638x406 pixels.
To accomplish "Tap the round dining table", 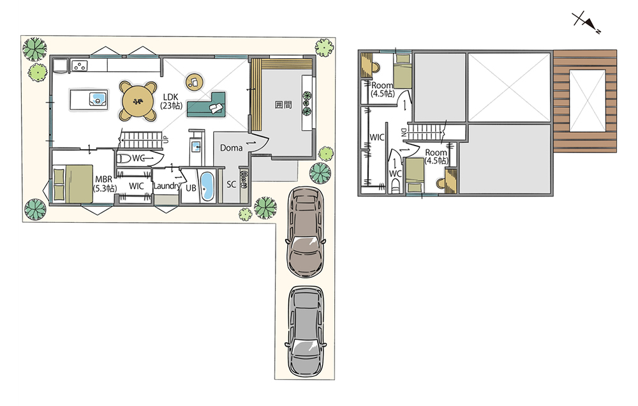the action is pyautogui.click(x=138, y=101).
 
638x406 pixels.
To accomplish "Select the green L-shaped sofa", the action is pyautogui.click(x=206, y=105).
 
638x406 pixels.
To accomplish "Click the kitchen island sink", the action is pyautogui.click(x=98, y=99).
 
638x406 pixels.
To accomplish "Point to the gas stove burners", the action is pyautogui.click(x=79, y=65).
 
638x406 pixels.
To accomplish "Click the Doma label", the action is pyautogui.click(x=231, y=148).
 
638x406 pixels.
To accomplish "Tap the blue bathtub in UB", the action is pyautogui.click(x=207, y=186).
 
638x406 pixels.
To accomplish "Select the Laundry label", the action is pyautogui.click(x=167, y=186).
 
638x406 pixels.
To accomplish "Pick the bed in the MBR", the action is pyautogui.click(x=73, y=183).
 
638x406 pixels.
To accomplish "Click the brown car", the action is pyautogui.click(x=306, y=232).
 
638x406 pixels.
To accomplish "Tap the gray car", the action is pyautogui.click(x=306, y=331).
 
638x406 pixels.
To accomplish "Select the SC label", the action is pyautogui.click(x=231, y=184).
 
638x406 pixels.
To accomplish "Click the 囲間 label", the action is pyautogui.click(x=283, y=105).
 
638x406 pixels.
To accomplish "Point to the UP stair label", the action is pyautogui.click(x=166, y=139).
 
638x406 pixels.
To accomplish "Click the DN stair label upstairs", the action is pyautogui.click(x=404, y=132).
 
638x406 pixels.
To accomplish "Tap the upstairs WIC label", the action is pyautogui.click(x=377, y=137).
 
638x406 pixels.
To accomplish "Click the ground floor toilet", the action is pyautogui.click(x=124, y=158).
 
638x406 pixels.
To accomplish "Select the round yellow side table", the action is pyautogui.click(x=195, y=82).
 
